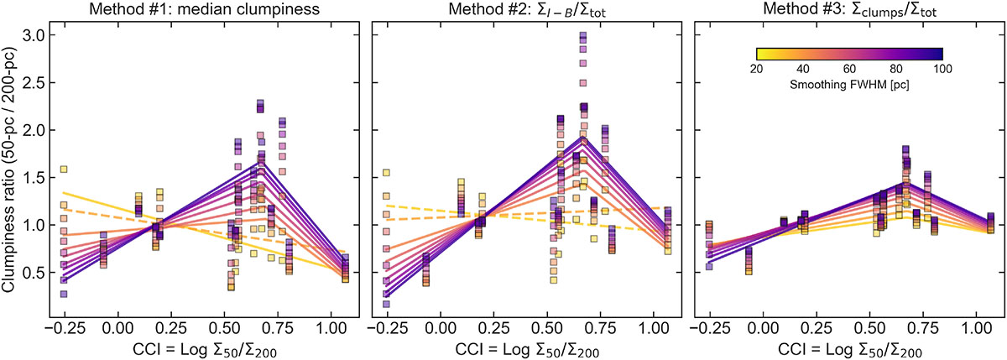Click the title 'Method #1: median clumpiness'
click(x=205, y=9)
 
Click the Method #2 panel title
click(x=527, y=9)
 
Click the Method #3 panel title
click(x=849, y=9)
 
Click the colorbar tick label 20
click(x=757, y=69)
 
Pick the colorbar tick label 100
click(x=942, y=69)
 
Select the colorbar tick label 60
click(x=849, y=69)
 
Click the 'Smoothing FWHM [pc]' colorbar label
click(x=849, y=85)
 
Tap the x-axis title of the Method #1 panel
click(x=205, y=350)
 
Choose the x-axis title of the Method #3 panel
click(x=849, y=350)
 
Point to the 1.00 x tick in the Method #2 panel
click(x=654, y=328)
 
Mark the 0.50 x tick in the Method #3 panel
click(x=870, y=328)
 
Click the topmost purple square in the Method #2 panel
click(x=583, y=35)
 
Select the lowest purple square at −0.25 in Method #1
click(x=64, y=294)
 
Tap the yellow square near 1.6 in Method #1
click(x=64, y=170)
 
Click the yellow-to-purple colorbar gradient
click(x=849, y=54)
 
